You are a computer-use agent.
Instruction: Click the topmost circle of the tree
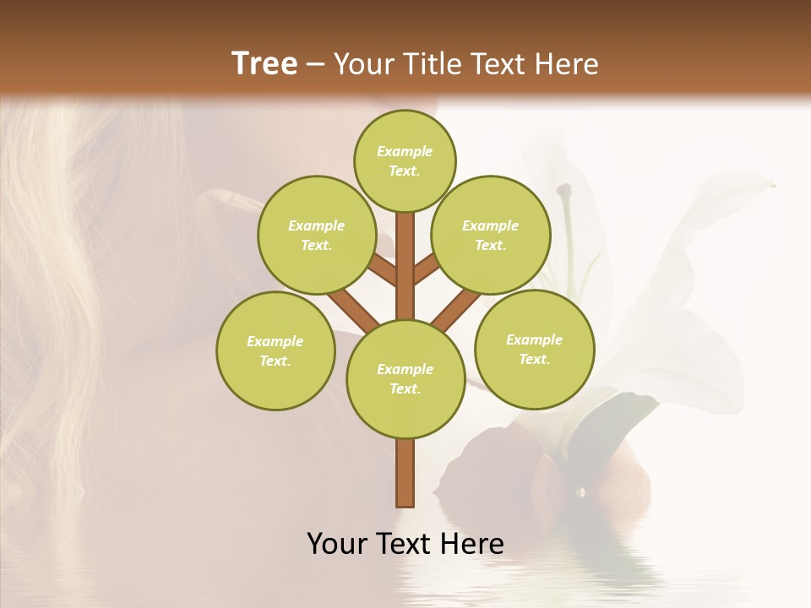coord(405,160)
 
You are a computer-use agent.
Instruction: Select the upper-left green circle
coord(317,235)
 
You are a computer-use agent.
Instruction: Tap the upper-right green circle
coord(491,235)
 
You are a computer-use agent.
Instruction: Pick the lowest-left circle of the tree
coord(275,350)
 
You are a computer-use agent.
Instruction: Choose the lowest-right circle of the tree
coord(535,349)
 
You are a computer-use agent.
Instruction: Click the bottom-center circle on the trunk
coord(405,378)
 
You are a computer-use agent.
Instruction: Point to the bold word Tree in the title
coord(264,63)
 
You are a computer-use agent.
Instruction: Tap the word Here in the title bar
coord(566,64)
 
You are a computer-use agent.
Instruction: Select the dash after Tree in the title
coord(315,65)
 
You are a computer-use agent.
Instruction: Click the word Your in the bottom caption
coord(338,543)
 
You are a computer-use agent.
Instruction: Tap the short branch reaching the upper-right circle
coord(426,270)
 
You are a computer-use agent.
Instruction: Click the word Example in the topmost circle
coord(405,151)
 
